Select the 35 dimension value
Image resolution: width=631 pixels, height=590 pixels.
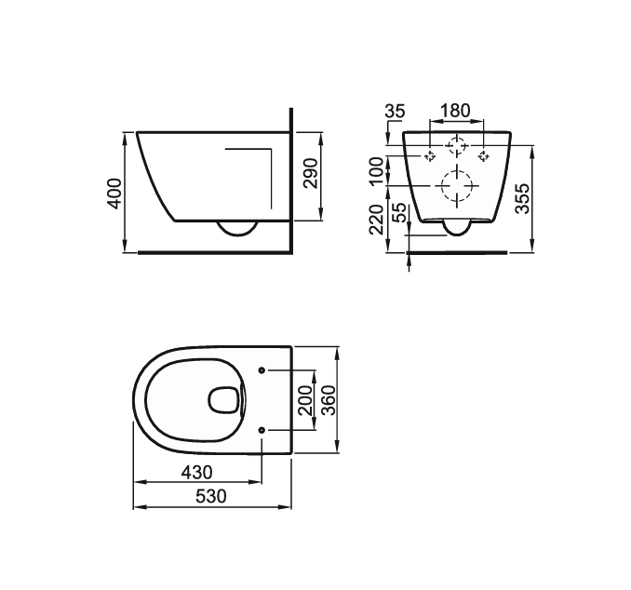coord(395,112)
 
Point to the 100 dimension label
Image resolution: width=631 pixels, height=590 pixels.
coord(376,172)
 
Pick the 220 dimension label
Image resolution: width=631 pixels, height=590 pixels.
coord(376,221)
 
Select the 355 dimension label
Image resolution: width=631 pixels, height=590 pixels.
coord(524,198)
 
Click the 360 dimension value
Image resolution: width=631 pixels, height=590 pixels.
coord(327,400)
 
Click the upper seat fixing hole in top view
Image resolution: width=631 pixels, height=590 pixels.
coord(262,369)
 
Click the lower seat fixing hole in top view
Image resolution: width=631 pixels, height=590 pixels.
coord(262,430)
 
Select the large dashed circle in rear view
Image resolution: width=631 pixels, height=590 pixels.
coord(456,189)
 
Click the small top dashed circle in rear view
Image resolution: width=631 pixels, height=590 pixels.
coord(456,146)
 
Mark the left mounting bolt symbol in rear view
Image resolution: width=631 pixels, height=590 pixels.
coord(429,155)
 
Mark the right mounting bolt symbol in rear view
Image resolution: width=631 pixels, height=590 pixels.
coord(483,155)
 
